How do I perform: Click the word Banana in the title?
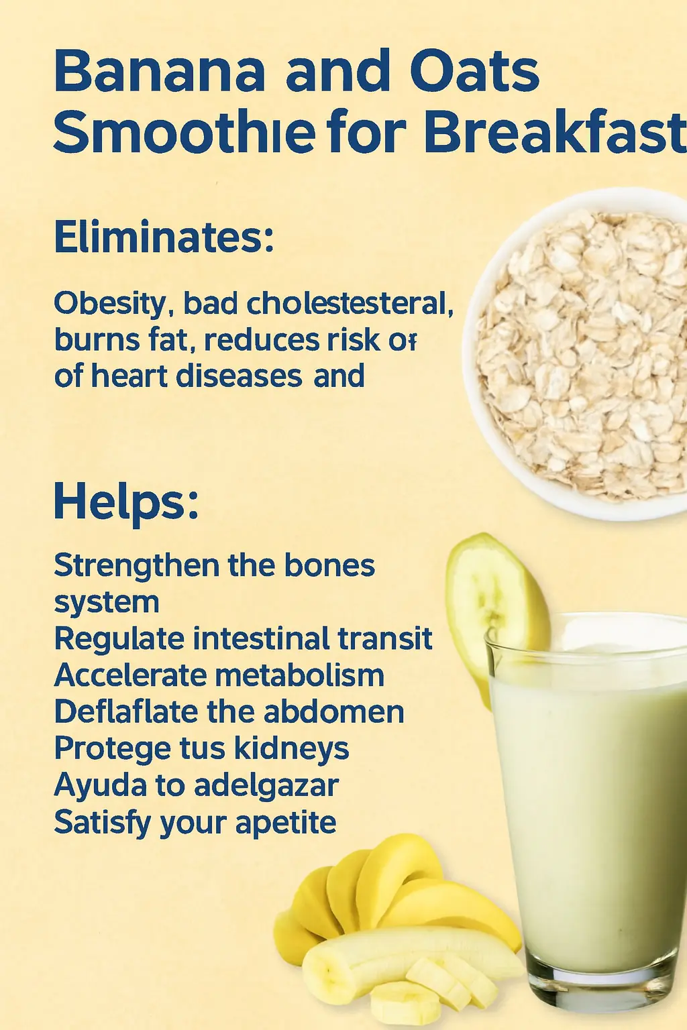pos(159,71)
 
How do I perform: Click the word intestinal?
pos(261,638)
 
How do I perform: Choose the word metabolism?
pos(299,675)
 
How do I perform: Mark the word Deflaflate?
pos(127,711)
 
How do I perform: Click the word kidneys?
pos(291,750)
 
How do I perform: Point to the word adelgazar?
pos(266,787)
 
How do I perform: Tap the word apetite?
pos(285,823)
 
